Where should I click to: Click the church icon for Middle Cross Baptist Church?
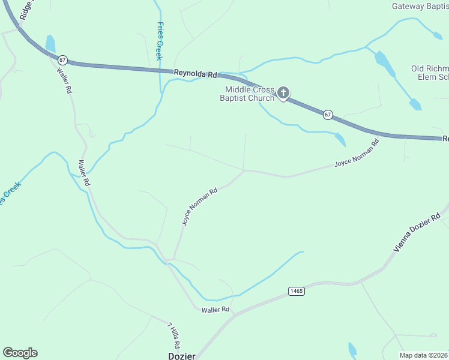coord(283,93)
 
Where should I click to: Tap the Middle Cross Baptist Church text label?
coord(247,94)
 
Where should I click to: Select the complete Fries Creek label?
coord(160,41)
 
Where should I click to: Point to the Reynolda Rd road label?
coord(195,73)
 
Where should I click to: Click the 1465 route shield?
coord(296,291)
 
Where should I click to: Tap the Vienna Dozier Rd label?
coord(419,231)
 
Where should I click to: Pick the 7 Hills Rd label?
coord(173,336)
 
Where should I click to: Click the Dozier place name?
coord(181,356)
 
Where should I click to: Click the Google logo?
coord(20,353)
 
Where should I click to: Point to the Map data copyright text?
coord(424,355)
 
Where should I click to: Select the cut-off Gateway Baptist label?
coord(420,7)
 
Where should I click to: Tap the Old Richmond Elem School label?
coord(430,73)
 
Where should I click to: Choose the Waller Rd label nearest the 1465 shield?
coord(215,310)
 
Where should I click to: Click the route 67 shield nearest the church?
coord(327,114)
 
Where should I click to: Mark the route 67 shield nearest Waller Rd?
coord(63,60)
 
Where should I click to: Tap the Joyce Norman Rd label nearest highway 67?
coord(357,154)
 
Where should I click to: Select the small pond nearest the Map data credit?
coord(352,350)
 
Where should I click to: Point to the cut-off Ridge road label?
coord(25,11)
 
